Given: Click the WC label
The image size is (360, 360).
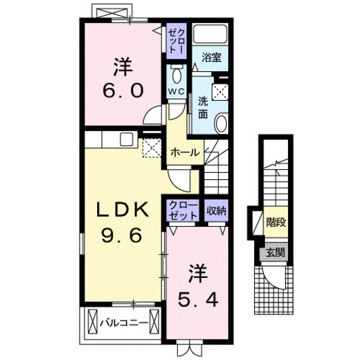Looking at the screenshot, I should coord(175,91).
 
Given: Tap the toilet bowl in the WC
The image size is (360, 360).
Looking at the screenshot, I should coord(176,76).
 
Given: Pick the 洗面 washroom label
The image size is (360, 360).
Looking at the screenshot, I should coord(202,108).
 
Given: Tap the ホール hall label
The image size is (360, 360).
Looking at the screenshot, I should coord(184,152).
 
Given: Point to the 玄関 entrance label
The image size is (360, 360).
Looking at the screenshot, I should coord(275,252).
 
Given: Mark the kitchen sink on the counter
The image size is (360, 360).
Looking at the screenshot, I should coord(126,139).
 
